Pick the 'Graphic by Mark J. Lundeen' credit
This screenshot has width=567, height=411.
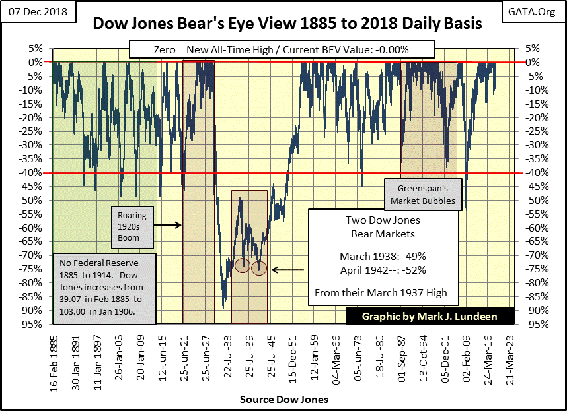430,317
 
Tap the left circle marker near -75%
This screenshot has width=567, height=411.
243,265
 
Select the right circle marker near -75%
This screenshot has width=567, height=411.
259,268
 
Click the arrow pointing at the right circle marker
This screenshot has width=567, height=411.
287,269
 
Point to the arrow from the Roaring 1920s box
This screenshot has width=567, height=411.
169,225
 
